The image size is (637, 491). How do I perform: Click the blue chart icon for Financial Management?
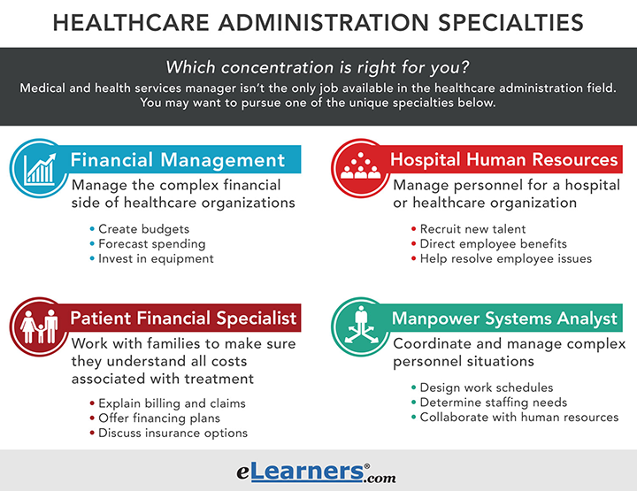[41, 165]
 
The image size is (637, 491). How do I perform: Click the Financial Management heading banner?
[178, 160]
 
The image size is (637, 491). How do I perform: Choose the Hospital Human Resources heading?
[504, 160]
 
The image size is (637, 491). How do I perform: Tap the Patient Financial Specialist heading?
[183, 318]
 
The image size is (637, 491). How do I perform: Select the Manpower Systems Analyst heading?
[504, 318]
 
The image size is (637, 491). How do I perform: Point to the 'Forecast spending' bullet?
[152, 243]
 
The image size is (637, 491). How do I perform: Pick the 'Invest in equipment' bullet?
[156, 258]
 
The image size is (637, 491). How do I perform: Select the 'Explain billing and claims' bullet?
[173, 403]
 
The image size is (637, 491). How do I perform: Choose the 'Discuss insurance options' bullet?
[173, 433]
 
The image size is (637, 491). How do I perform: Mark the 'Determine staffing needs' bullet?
[489, 403]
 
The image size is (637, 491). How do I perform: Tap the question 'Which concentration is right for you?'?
[318, 68]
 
